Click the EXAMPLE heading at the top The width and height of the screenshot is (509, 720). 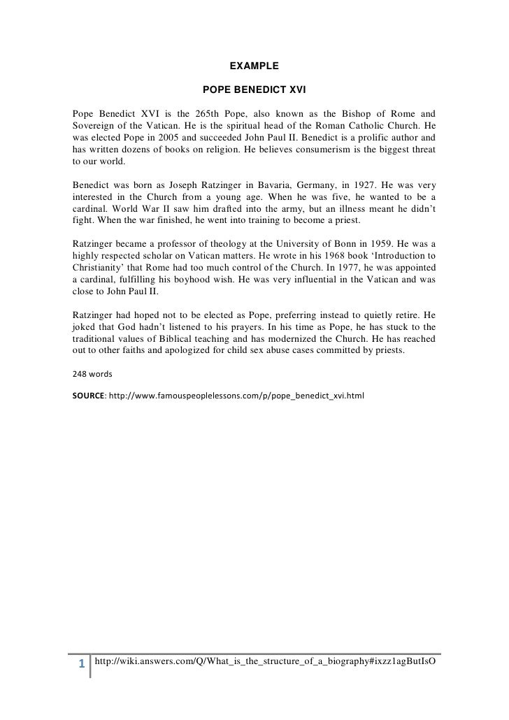(x=254, y=66)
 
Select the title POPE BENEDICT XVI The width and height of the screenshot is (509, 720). (x=254, y=91)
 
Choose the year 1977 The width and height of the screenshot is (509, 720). (x=371, y=270)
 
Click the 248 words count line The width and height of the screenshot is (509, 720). (x=87, y=374)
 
